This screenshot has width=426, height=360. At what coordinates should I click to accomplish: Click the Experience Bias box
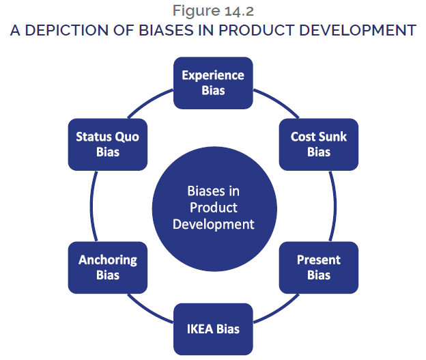(213, 82)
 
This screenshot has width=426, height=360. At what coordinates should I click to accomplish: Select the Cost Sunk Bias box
(318, 144)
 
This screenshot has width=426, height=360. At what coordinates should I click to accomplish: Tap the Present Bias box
(318, 267)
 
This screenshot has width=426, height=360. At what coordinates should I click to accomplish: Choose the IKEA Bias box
(213, 329)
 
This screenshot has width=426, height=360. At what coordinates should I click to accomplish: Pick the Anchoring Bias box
(108, 267)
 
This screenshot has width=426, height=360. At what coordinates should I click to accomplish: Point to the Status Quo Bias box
(108, 144)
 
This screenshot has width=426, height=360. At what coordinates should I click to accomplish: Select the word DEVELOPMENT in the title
(360, 30)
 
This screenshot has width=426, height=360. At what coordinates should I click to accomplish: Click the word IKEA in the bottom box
(201, 329)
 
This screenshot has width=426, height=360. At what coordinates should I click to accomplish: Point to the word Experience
(213, 75)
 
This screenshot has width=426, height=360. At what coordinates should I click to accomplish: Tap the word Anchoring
(108, 260)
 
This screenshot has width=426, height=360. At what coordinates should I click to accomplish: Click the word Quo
(128, 137)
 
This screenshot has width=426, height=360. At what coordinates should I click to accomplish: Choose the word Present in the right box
(318, 260)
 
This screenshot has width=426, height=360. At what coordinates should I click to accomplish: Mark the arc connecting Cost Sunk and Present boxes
(335, 206)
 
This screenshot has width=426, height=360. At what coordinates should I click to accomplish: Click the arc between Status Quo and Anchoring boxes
(91, 206)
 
